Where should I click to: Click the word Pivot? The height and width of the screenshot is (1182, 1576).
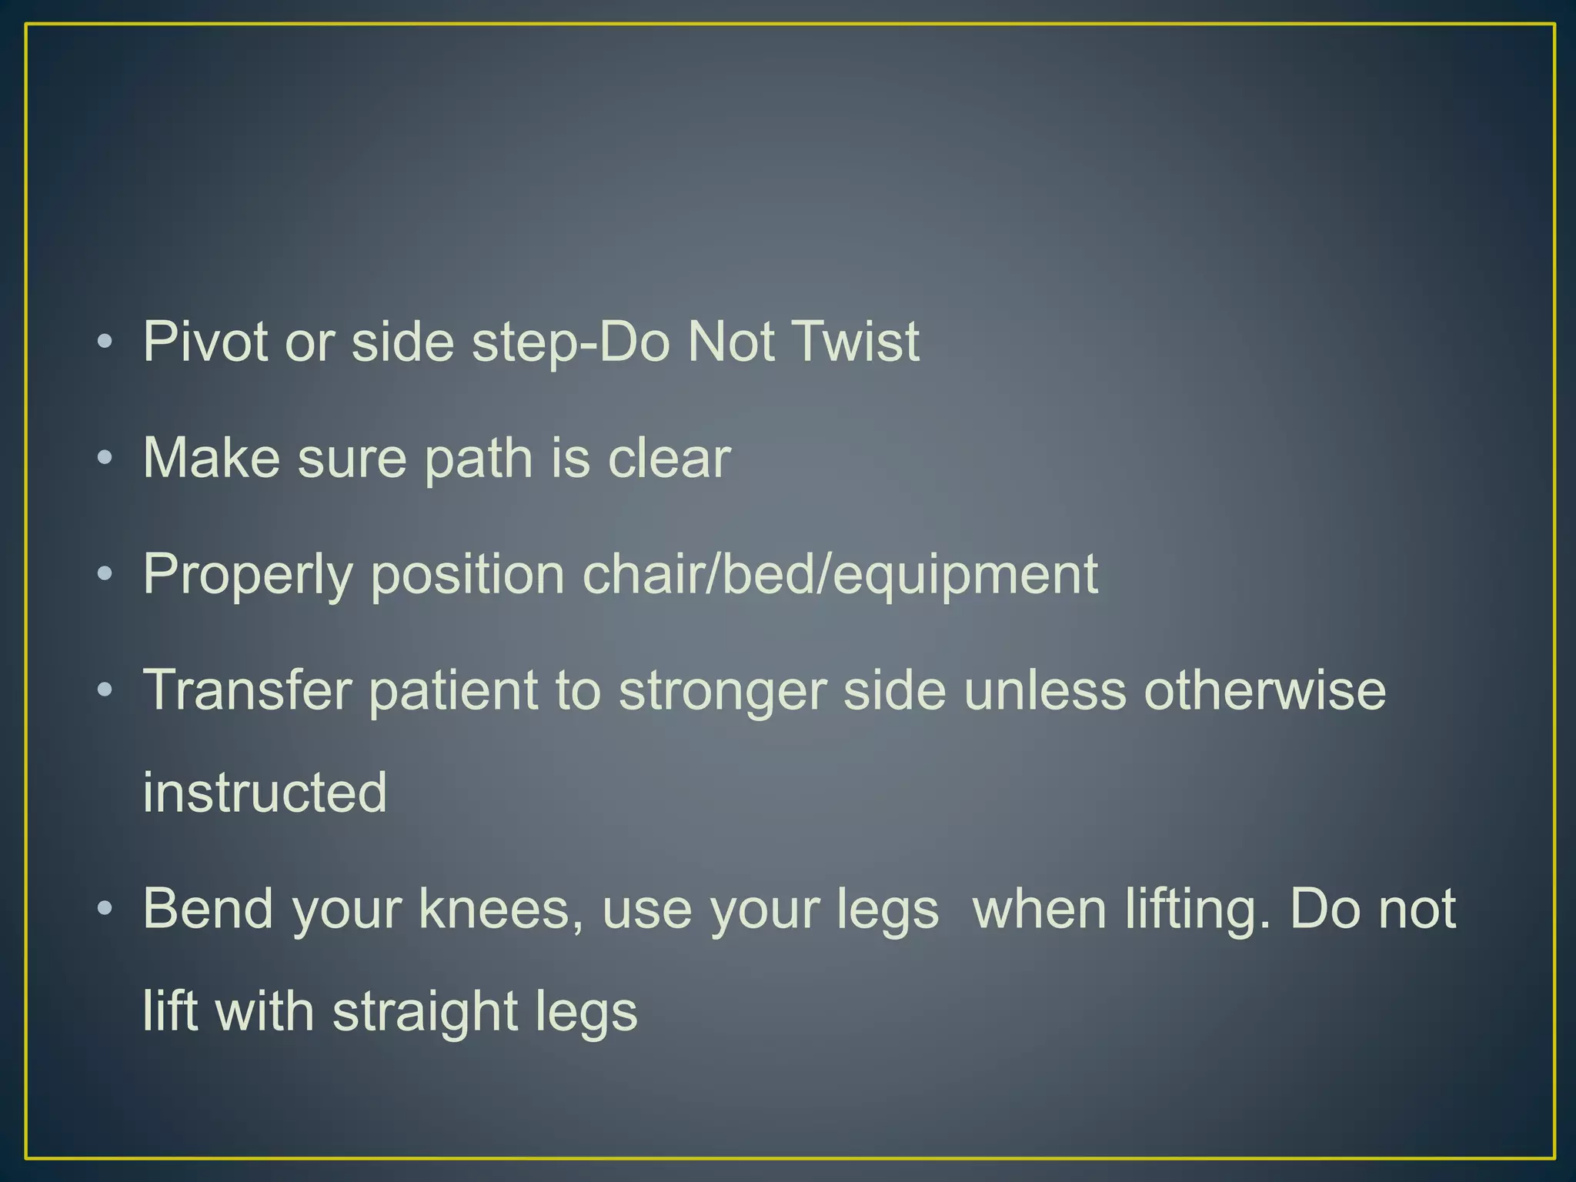(x=205, y=341)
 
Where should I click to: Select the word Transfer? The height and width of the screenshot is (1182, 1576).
(x=247, y=689)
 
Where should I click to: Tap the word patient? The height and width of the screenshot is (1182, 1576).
(x=453, y=689)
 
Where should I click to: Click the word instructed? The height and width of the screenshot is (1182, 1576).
(x=265, y=792)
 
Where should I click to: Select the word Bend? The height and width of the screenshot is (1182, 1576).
(x=208, y=909)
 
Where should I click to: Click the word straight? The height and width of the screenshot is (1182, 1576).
(x=425, y=1011)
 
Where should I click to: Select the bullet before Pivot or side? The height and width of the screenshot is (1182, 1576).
(x=105, y=342)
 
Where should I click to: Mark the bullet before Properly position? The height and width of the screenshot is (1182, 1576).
(x=105, y=574)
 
